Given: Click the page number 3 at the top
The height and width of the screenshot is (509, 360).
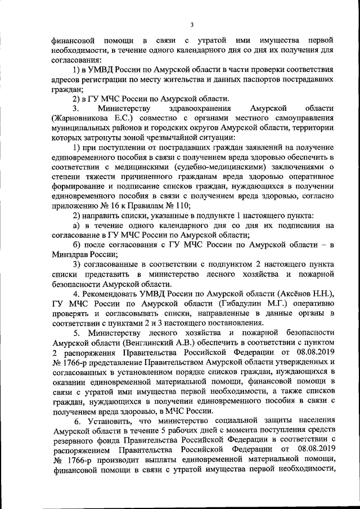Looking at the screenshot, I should (192, 24).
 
